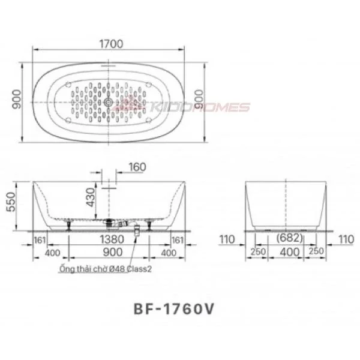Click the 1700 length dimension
[111, 44]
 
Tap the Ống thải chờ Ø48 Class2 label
[106, 269]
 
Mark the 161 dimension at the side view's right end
[177, 240]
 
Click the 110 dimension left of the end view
[227, 240]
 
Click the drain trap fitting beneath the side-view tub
[137, 228]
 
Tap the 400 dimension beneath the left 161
[53, 253]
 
